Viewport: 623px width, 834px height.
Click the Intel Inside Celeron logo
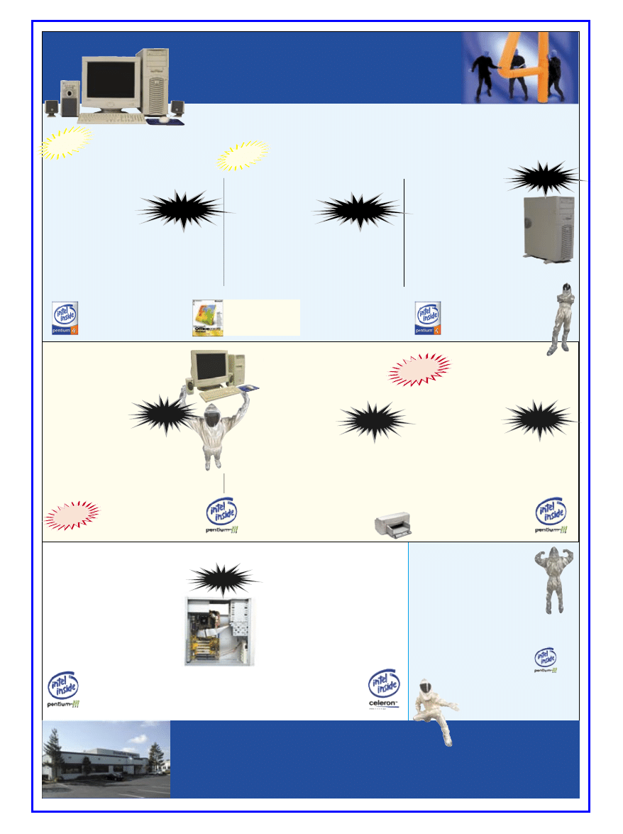coord(383,688)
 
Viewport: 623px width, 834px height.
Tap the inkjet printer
coord(393,523)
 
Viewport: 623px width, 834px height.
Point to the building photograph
coord(106,759)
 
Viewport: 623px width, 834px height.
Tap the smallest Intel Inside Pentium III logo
coord(545,660)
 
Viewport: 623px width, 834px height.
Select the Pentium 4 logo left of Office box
coord(65,317)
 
